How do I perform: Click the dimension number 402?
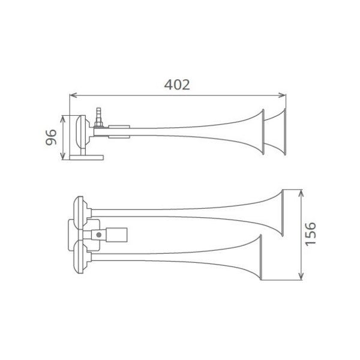pos(177,85)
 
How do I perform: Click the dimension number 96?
pos(51,137)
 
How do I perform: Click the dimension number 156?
pos(310,234)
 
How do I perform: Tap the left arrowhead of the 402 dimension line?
pos(73,95)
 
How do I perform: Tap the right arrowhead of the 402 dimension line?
pos(282,95)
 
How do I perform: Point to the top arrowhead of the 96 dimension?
pos(63,119)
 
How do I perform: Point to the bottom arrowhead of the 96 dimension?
pos(63,156)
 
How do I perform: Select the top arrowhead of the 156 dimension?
pos(301,193)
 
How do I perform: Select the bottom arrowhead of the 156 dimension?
pos(301,276)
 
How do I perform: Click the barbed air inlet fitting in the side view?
pos(99,115)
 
